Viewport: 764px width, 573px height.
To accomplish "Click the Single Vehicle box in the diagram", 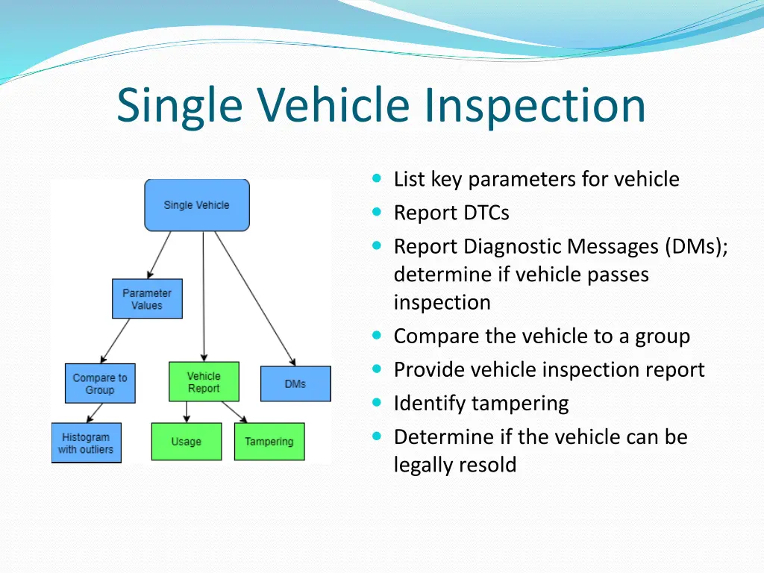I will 197,205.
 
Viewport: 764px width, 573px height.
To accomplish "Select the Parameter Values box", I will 147,299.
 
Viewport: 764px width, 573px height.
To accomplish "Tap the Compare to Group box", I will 100,383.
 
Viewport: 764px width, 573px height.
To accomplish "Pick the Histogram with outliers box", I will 86,443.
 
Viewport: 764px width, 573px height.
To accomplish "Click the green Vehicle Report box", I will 204,382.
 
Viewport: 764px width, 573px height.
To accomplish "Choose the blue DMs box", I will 295,383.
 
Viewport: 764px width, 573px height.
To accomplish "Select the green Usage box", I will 187,442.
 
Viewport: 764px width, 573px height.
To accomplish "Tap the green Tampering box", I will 269,442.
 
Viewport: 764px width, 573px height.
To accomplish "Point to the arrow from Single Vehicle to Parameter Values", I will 160,254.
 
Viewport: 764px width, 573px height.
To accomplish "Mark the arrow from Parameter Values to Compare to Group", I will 116,341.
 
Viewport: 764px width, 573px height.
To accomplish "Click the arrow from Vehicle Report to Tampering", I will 234,413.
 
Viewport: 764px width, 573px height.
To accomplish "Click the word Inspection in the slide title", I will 535,105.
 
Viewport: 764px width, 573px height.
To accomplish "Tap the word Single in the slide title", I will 180,105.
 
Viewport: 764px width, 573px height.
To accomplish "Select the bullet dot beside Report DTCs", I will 377,213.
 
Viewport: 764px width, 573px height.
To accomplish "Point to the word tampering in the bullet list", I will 518,404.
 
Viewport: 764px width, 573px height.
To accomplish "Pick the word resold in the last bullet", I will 486,465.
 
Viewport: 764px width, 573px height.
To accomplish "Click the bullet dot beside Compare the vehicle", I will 377,336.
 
